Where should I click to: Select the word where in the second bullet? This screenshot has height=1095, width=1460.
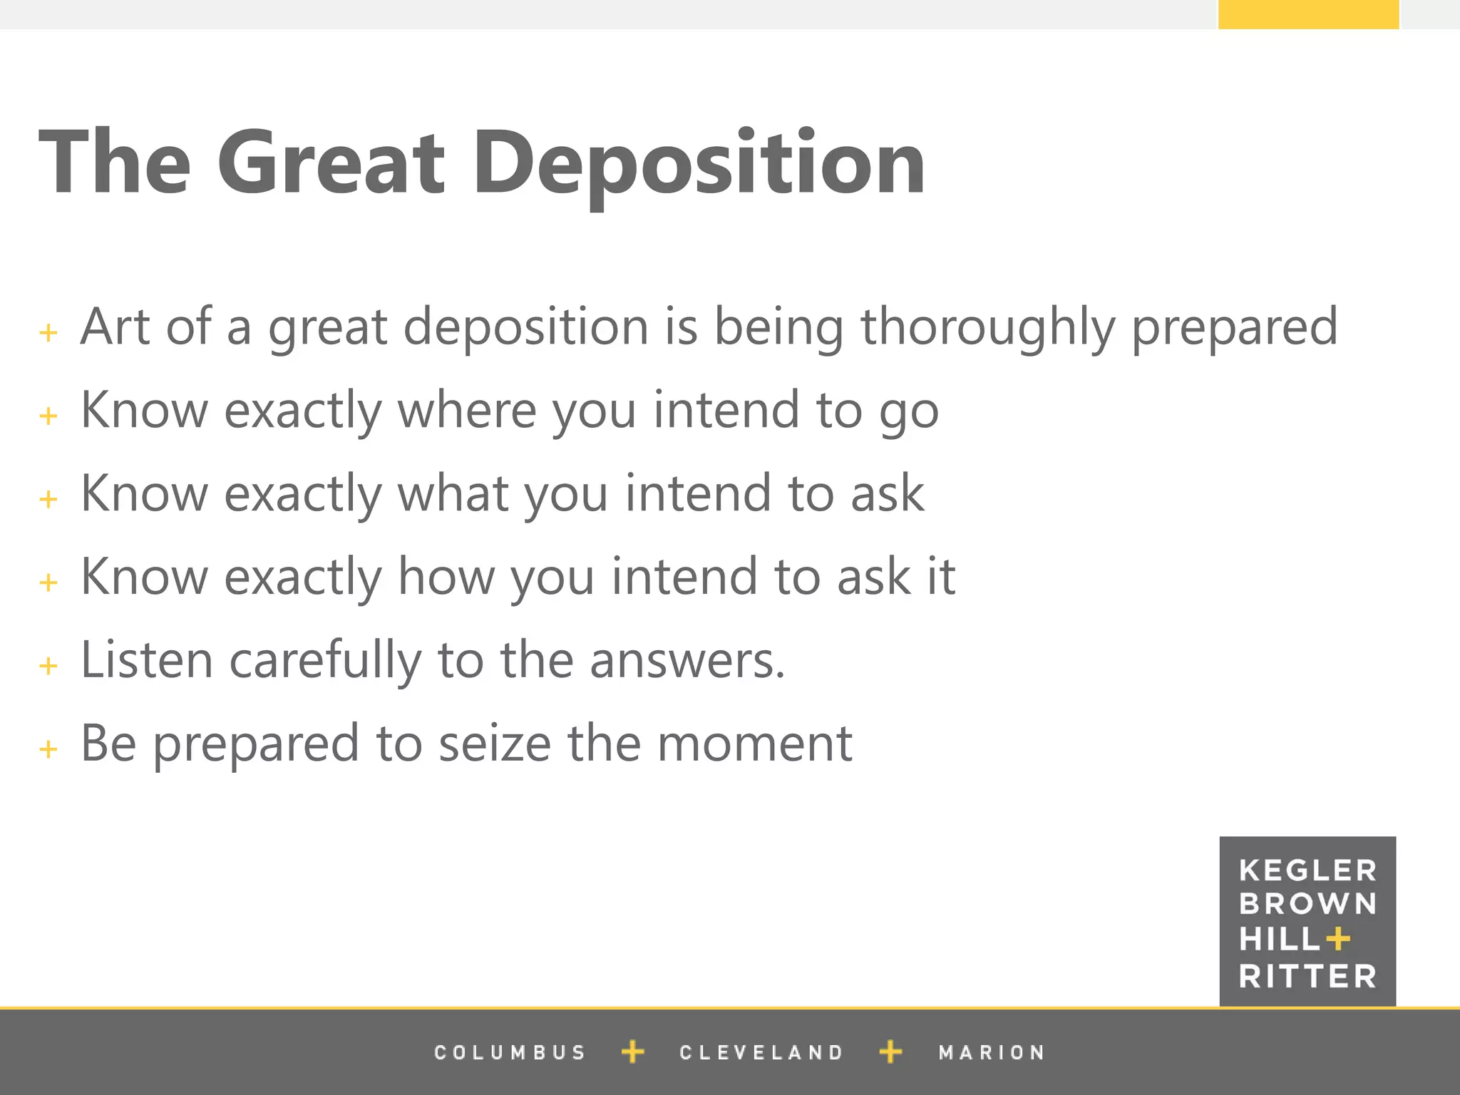coord(466,411)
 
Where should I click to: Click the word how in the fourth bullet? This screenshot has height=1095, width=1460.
coord(446,577)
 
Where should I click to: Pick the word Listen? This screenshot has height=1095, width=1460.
coord(147,660)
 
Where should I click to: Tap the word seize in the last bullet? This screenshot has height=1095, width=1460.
coord(494,744)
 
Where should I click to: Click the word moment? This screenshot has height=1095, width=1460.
coord(754,744)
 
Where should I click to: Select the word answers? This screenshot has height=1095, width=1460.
coord(687,660)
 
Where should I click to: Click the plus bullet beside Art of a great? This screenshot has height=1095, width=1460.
coord(48,332)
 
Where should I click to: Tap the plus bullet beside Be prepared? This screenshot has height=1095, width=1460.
coord(48,749)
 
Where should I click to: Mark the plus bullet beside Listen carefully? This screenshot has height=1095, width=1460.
coord(48,666)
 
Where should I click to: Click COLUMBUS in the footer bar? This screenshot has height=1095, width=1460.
coord(510,1053)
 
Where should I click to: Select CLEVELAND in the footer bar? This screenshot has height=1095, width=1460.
coord(761,1053)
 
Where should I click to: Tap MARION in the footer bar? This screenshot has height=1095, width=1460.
coord(992,1053)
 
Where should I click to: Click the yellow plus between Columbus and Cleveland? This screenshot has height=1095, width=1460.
coord(632,1052)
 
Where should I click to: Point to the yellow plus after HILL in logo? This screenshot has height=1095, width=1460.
coord(1338,939)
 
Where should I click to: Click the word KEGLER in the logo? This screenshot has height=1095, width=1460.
coord(1307,870)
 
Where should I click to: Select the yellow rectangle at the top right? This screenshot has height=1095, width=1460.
coord(1308,14)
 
